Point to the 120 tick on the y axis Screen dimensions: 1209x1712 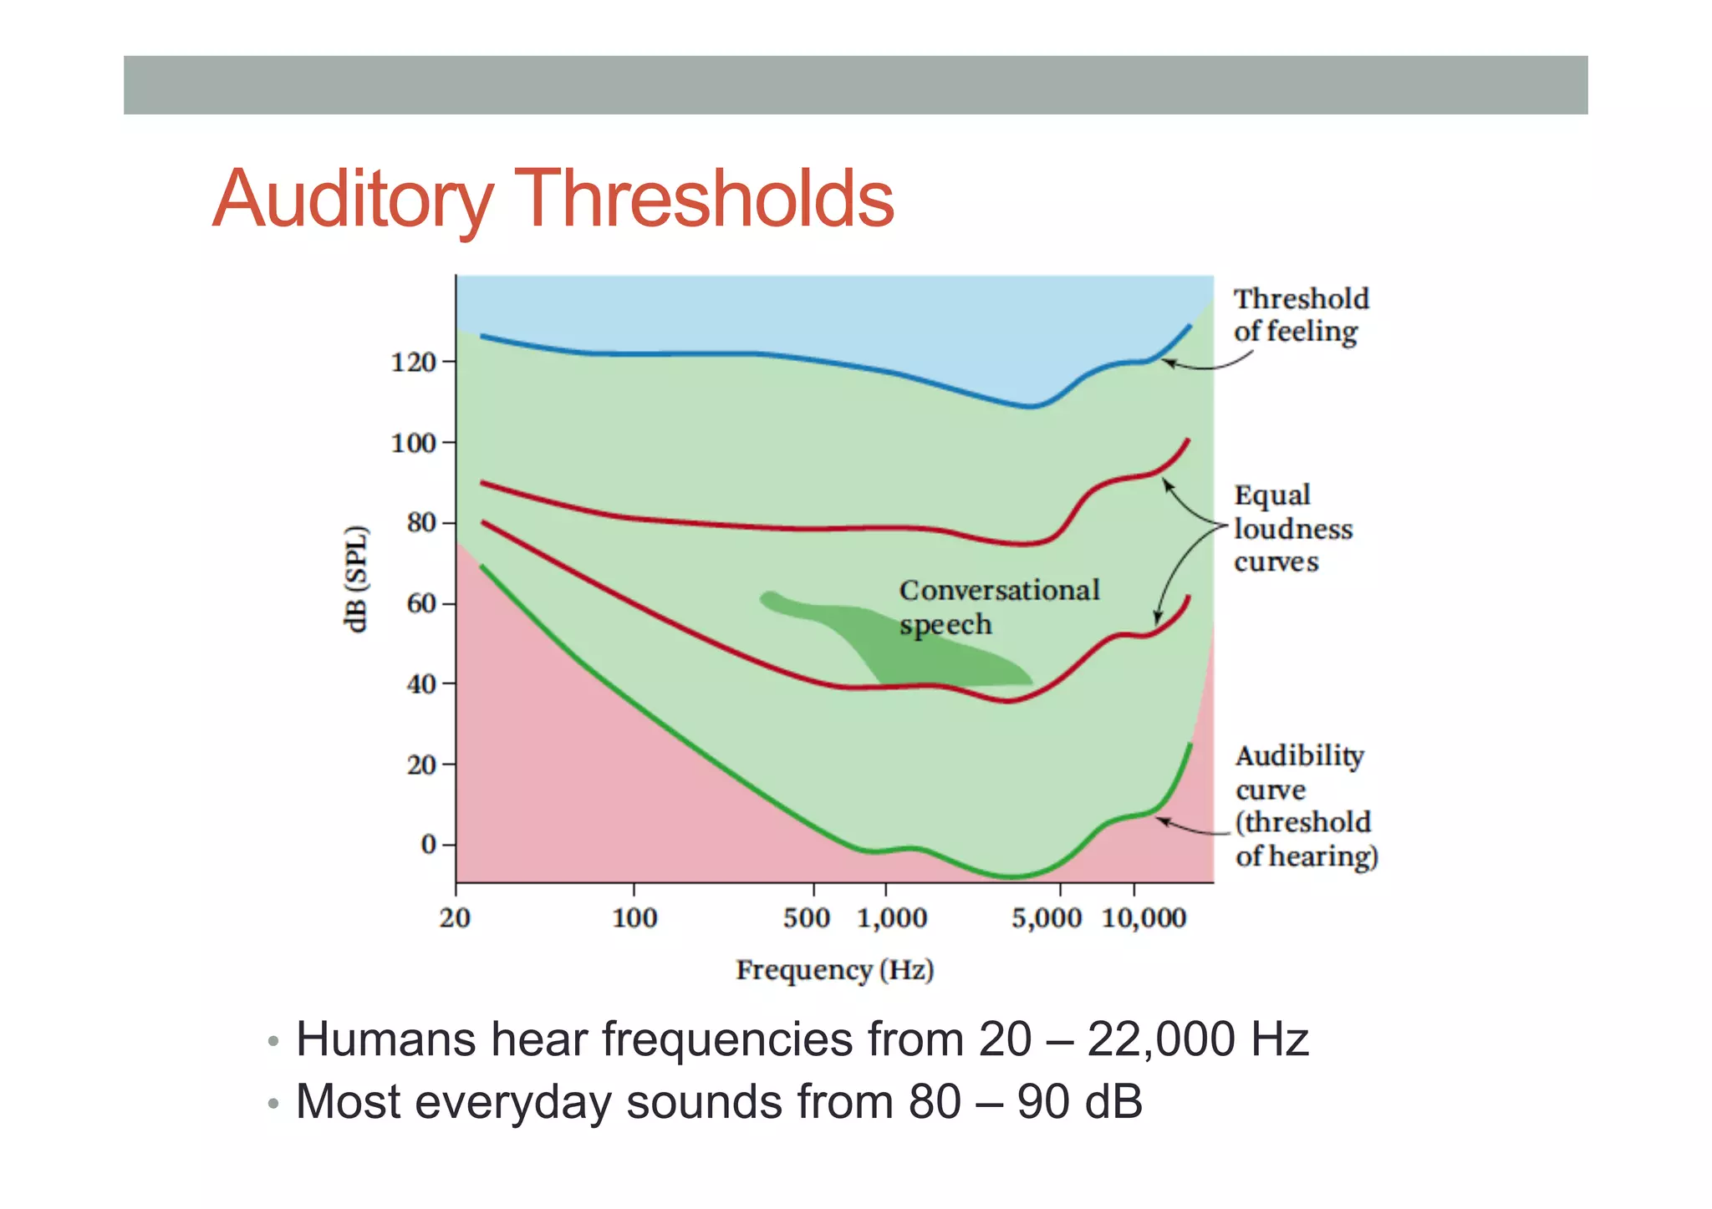[414, 363]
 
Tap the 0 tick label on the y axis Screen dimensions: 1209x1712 [428, 845]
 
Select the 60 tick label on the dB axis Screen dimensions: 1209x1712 [421, 603]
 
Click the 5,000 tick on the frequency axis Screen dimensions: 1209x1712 [1047, 918]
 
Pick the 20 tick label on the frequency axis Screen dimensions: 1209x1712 [455, 918]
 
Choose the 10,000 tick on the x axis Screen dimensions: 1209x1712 [1144, 918]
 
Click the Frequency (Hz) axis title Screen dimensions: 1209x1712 [834, 970]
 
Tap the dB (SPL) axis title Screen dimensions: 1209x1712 [356, 579]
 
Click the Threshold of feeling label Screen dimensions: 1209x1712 [1300, 315]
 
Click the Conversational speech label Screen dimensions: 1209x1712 [998, 607]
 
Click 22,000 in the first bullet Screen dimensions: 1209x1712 [1161, 1040]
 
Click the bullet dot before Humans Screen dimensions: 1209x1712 [273, 1042]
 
